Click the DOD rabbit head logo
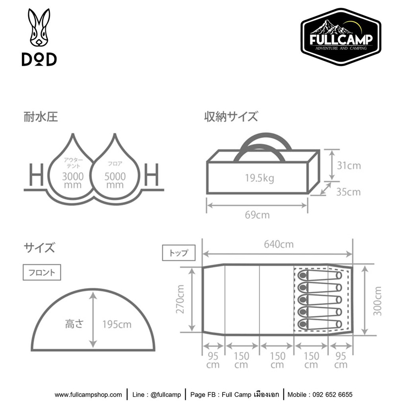(x=39, y=28)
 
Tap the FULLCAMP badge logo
(x=341, y=37)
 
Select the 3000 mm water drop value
(x=73, y=180)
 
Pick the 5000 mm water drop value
(x=115, y=180)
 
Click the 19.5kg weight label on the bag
(x=260, y=178)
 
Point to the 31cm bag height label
(x=349, y=166)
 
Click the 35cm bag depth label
(x=348, y=192)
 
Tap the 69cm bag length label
(x=257, y=215)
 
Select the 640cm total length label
(x=279, y=244)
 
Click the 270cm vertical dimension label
(x=180, y=299)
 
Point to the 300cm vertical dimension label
(x=378, y=301)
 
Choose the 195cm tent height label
(x=117, y=324)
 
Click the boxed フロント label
(x=42, y=272)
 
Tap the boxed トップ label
(x=178, y=253)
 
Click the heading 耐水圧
(x=41, y=117)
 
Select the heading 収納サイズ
(x=231, y=116)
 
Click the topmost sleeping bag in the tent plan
(x=320, y=275)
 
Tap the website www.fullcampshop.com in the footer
(x=88, y=395)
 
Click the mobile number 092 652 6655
(x=333, y=395)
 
